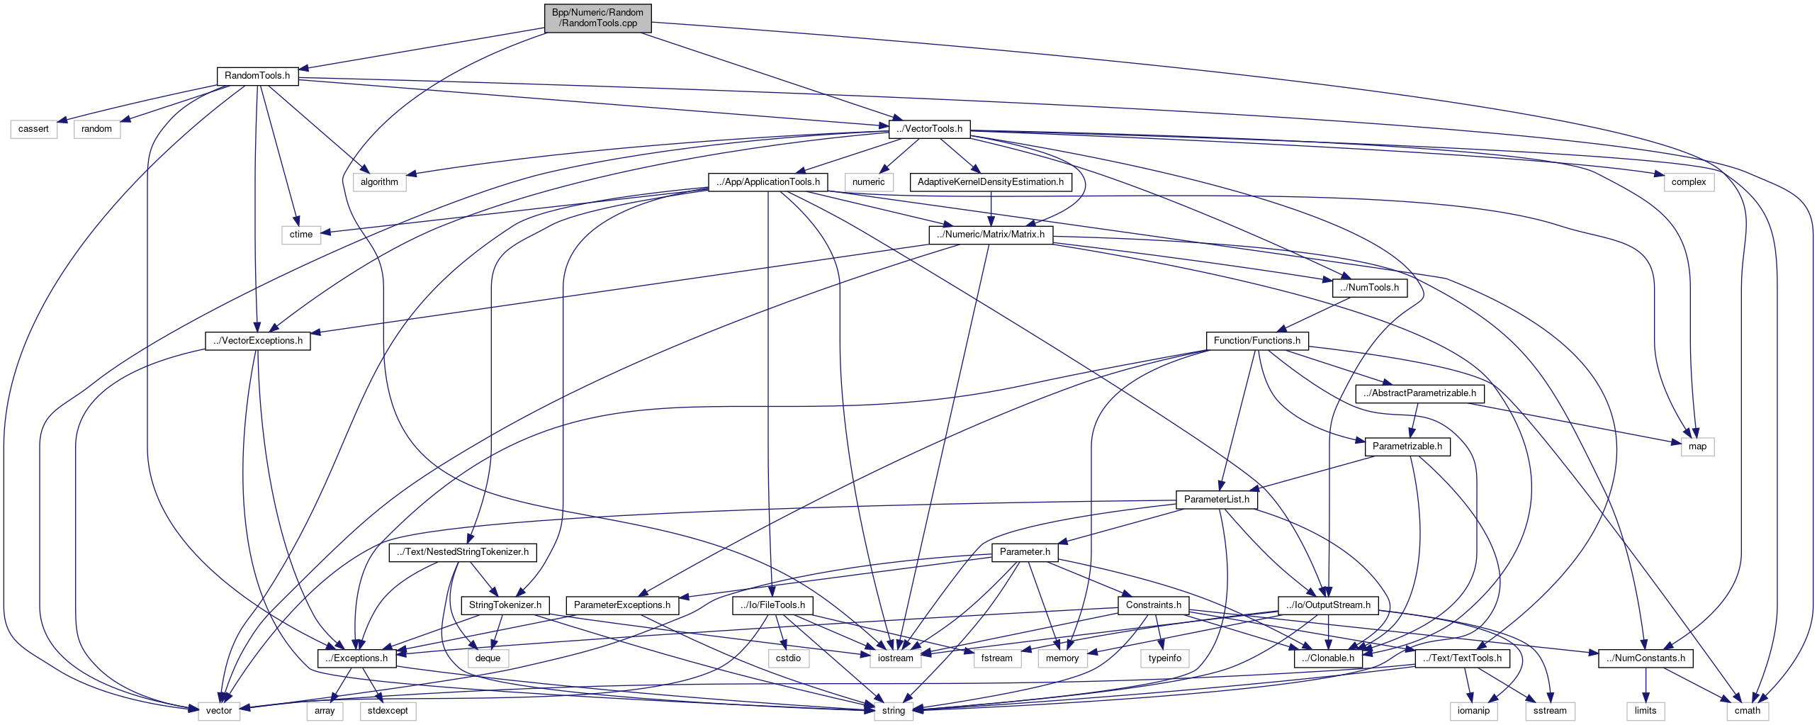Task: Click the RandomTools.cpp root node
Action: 597,18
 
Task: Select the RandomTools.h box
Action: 257,76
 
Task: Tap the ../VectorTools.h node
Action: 929,129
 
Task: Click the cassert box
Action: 33,129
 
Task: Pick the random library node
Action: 96,129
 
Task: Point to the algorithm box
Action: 379,182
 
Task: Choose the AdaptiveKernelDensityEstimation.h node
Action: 990,182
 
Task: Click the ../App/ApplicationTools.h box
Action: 767,182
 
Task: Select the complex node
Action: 1688,182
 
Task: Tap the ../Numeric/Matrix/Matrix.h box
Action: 990,235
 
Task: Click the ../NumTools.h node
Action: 1369,288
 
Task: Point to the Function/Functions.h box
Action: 1256,341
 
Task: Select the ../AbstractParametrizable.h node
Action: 1419,393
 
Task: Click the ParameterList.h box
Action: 1216,500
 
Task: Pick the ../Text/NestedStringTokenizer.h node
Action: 462,552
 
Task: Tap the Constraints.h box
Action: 1153,605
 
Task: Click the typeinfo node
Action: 1164,658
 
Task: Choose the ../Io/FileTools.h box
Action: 772,605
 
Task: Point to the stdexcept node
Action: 388,711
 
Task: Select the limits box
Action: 1645,711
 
